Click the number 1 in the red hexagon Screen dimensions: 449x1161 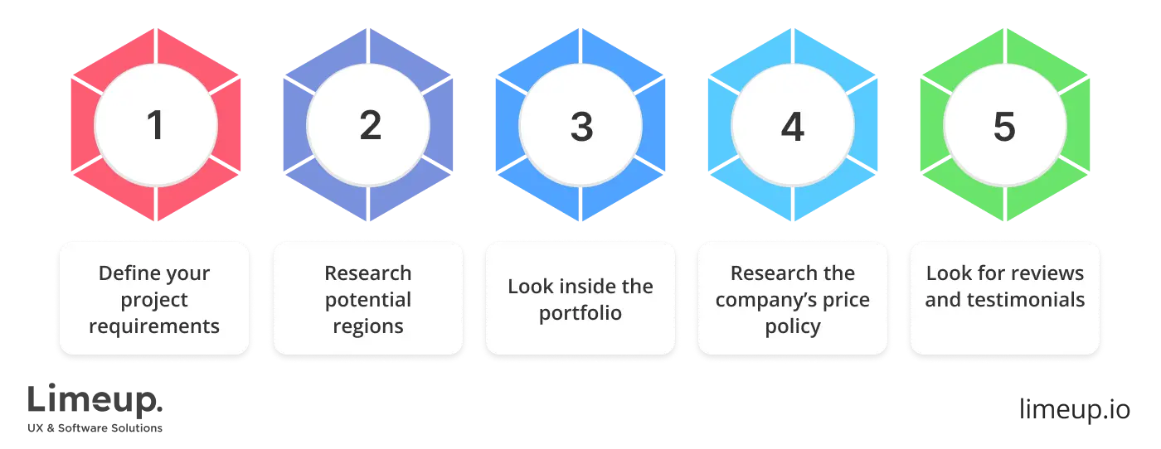tap(154, 126)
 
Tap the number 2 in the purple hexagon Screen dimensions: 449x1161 tap(369, 126)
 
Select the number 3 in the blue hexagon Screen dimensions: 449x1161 tap(581, 126)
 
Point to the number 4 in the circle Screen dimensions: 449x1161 tap(793, 126)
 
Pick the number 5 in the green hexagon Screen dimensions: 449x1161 tap(1004, 126)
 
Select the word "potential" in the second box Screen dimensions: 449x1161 tap(368, 299)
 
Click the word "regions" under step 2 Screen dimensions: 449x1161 tap(368, 326)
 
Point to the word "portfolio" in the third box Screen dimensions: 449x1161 tap(580, 313)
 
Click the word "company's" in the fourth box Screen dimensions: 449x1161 tap(759, 299)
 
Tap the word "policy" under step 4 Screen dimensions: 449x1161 tap(793, 326)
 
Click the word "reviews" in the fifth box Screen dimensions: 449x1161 tap(1051, 273)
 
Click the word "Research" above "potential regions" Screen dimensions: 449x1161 tap(368, 273)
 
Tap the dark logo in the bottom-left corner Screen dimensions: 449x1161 tap(95, 408)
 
